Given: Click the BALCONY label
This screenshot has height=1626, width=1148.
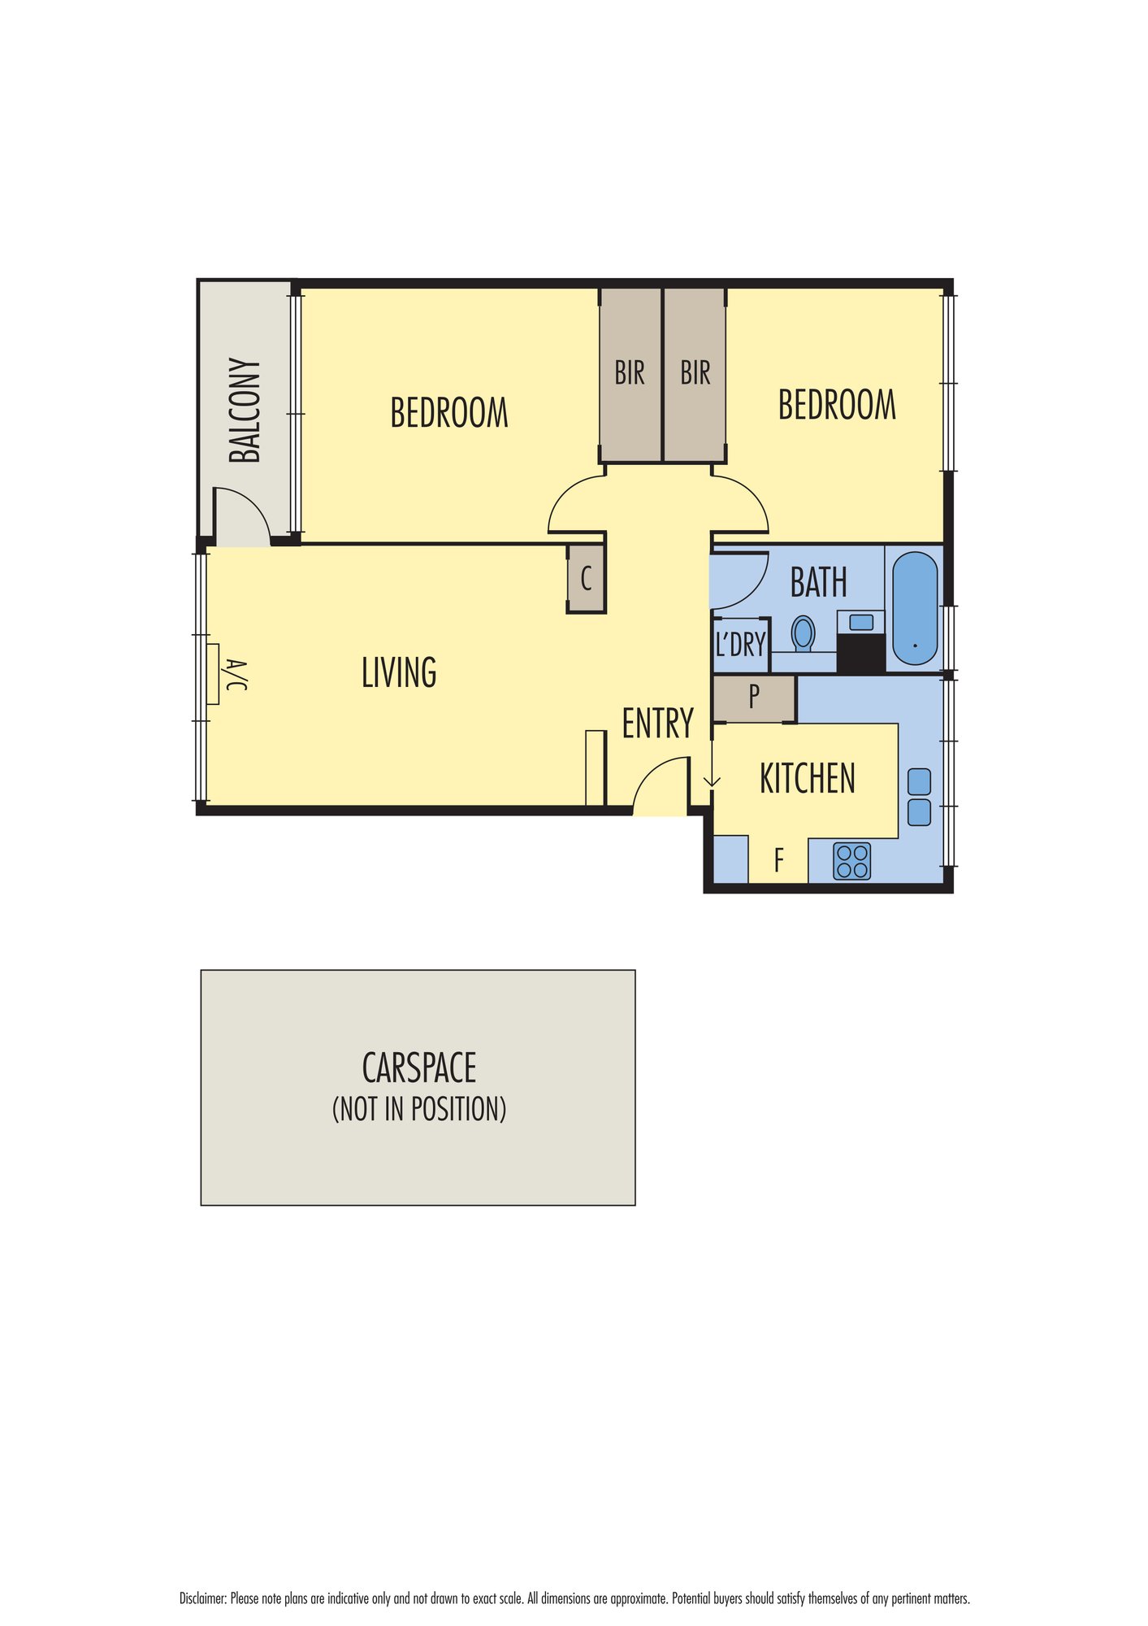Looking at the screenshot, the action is tap(245, 411).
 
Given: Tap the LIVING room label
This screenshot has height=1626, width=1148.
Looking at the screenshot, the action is tap(399, 672).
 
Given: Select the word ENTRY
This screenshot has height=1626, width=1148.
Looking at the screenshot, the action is tap(658, 723).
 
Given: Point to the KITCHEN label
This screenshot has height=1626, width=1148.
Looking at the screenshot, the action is tap(808, 778).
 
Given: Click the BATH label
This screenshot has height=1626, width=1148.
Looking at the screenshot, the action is tap(819, 582).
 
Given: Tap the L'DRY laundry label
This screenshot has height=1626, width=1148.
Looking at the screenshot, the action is tap(741, 645).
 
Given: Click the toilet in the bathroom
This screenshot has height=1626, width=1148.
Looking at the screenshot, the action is tap(804, 633).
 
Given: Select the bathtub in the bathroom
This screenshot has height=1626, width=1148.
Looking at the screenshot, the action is tap(915, 608).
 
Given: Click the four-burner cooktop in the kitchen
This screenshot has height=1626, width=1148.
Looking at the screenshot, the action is tap(851, 861).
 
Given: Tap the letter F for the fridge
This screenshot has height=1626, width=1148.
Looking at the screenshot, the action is tap(778, 859).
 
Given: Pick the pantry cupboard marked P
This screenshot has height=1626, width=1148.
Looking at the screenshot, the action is tap(754, 698).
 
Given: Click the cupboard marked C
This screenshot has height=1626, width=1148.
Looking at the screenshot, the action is tap(586, 579).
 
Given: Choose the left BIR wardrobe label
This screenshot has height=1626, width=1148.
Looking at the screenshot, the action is tap(630, 373).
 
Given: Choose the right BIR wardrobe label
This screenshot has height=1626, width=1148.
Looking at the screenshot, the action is tap(695, 373).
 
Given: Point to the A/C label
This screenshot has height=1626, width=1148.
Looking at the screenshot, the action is tap(235, 675).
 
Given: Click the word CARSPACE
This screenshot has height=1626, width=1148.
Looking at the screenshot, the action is tap(419, 1067).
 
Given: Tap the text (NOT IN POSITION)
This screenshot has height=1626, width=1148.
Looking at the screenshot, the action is tap(419, 1109).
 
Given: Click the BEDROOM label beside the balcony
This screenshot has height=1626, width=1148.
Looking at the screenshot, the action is tap(449, 412).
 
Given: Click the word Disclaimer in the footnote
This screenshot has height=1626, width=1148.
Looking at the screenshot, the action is tap(202, 1598).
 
